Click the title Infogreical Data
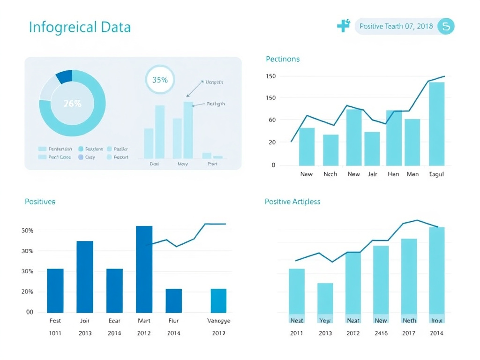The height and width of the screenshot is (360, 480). click(x=80, y=27)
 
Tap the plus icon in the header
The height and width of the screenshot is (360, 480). click(x=344, y=26)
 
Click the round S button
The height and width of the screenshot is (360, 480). click(x=446, y=26)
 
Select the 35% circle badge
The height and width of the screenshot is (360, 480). click(x=160, y=80)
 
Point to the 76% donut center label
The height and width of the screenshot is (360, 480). click(x=72, y=104)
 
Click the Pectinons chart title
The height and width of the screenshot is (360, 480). click(x=283, y=59)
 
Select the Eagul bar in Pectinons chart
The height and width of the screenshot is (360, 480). click(x=436, y=124)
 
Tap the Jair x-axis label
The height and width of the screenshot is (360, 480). click(x=373, y=174)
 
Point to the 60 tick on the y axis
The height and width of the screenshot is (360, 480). click(x=271, y=120)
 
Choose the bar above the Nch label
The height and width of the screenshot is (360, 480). click(x=330, y=150)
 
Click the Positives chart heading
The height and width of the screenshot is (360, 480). click(x=40, y=202)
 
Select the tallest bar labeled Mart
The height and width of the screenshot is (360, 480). click(x=144, y=269)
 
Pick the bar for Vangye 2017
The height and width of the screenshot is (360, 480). click(x=218, y=300)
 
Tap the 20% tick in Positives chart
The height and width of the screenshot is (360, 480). click(x=27, y=292)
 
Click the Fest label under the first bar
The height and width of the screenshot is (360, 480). click(x=55, y=321)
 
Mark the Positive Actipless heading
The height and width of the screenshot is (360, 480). click(x=292, y=202)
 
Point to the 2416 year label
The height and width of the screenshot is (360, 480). click(x=381, y=333)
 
